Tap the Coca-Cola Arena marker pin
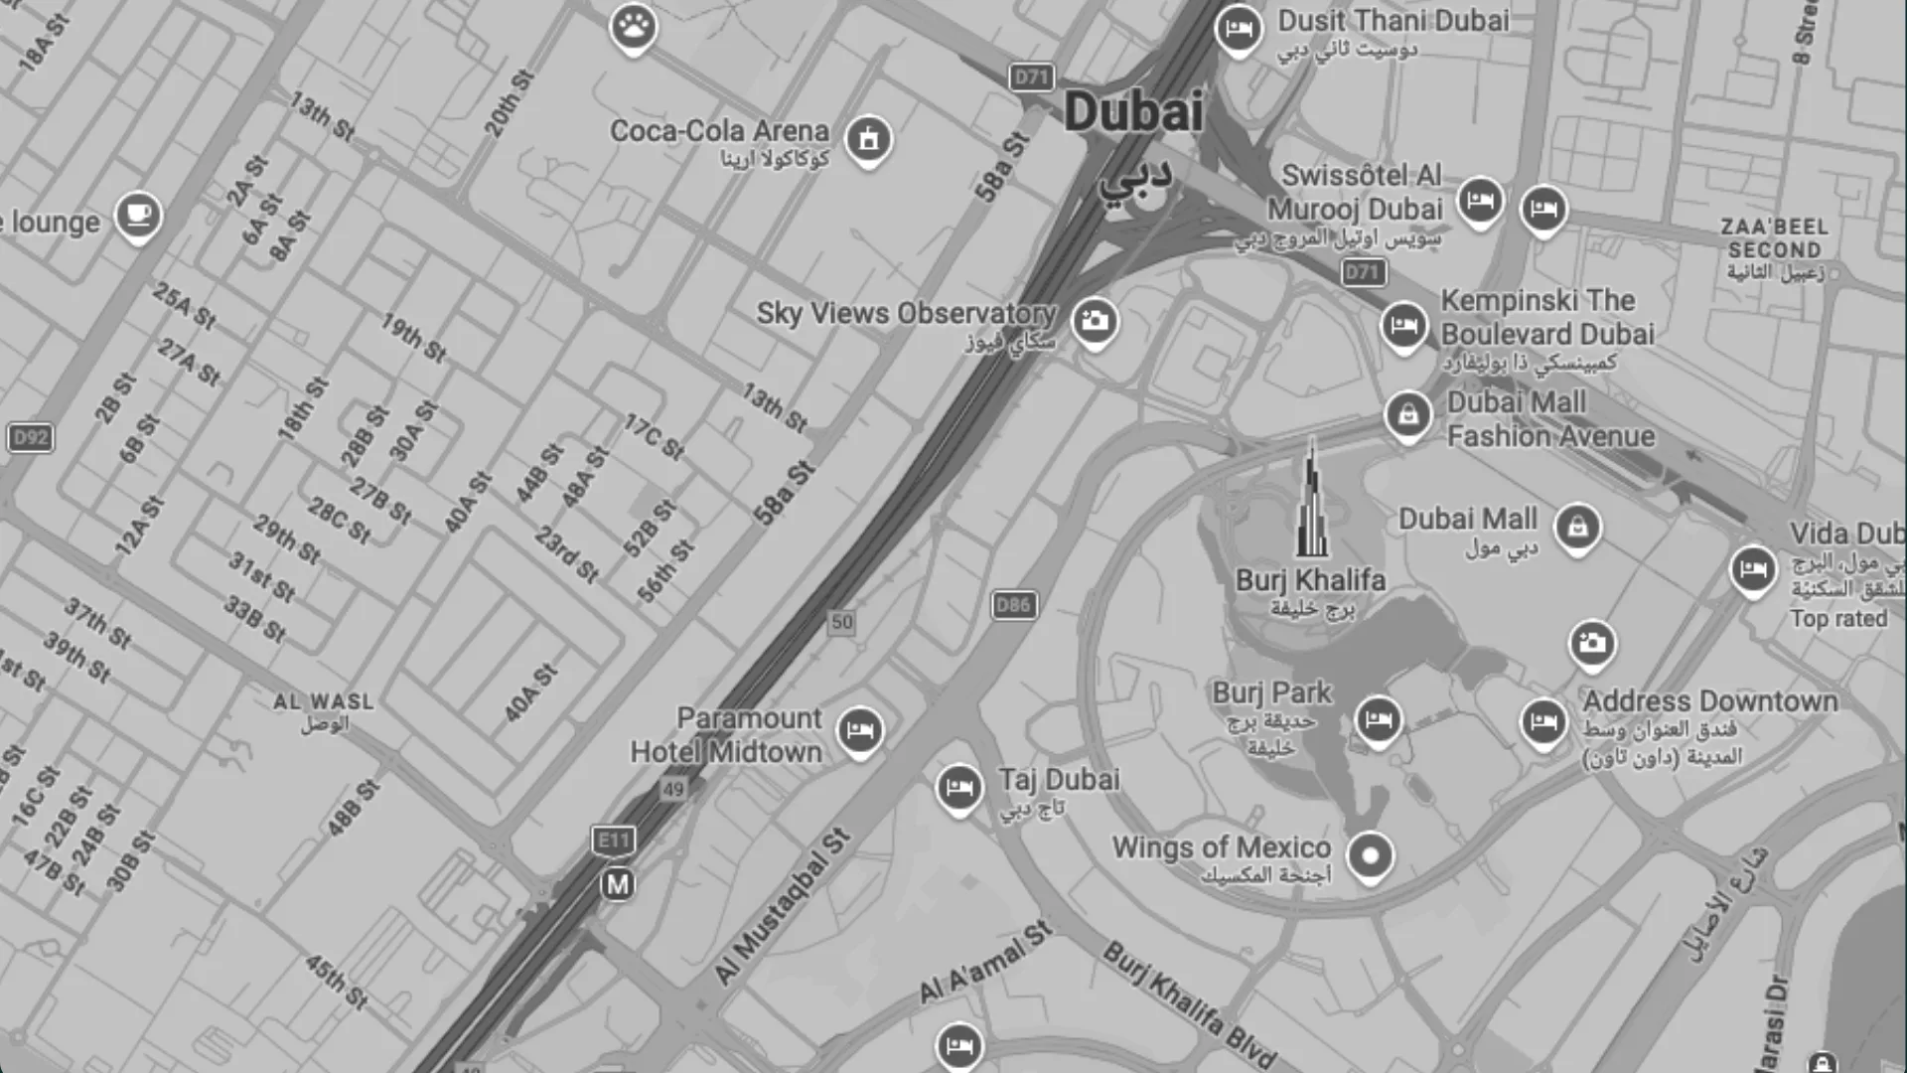tap(868, 139)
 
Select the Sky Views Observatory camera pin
tap(1095, 321)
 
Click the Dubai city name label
tap(1133, 111)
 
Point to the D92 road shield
tap(31, 437)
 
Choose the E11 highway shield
tap(613, 841)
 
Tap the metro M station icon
tap(618, 884)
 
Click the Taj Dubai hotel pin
tap(958, 788)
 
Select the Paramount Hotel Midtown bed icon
tap(859, 731)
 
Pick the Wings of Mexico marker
tap(1370, 854)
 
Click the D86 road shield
tap(1013, 604)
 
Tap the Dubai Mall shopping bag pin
tap(1577, 527)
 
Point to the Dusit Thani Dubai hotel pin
tap(1238, 29)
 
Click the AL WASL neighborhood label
tap(324, 701)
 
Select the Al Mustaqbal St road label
tap(783, 906)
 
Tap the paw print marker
tap(634, 26)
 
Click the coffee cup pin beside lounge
tap(138, 215)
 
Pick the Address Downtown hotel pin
tap(1543, 722)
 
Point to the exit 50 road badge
tap(841, 622)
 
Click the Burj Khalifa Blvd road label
tap(1189, 1003)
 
